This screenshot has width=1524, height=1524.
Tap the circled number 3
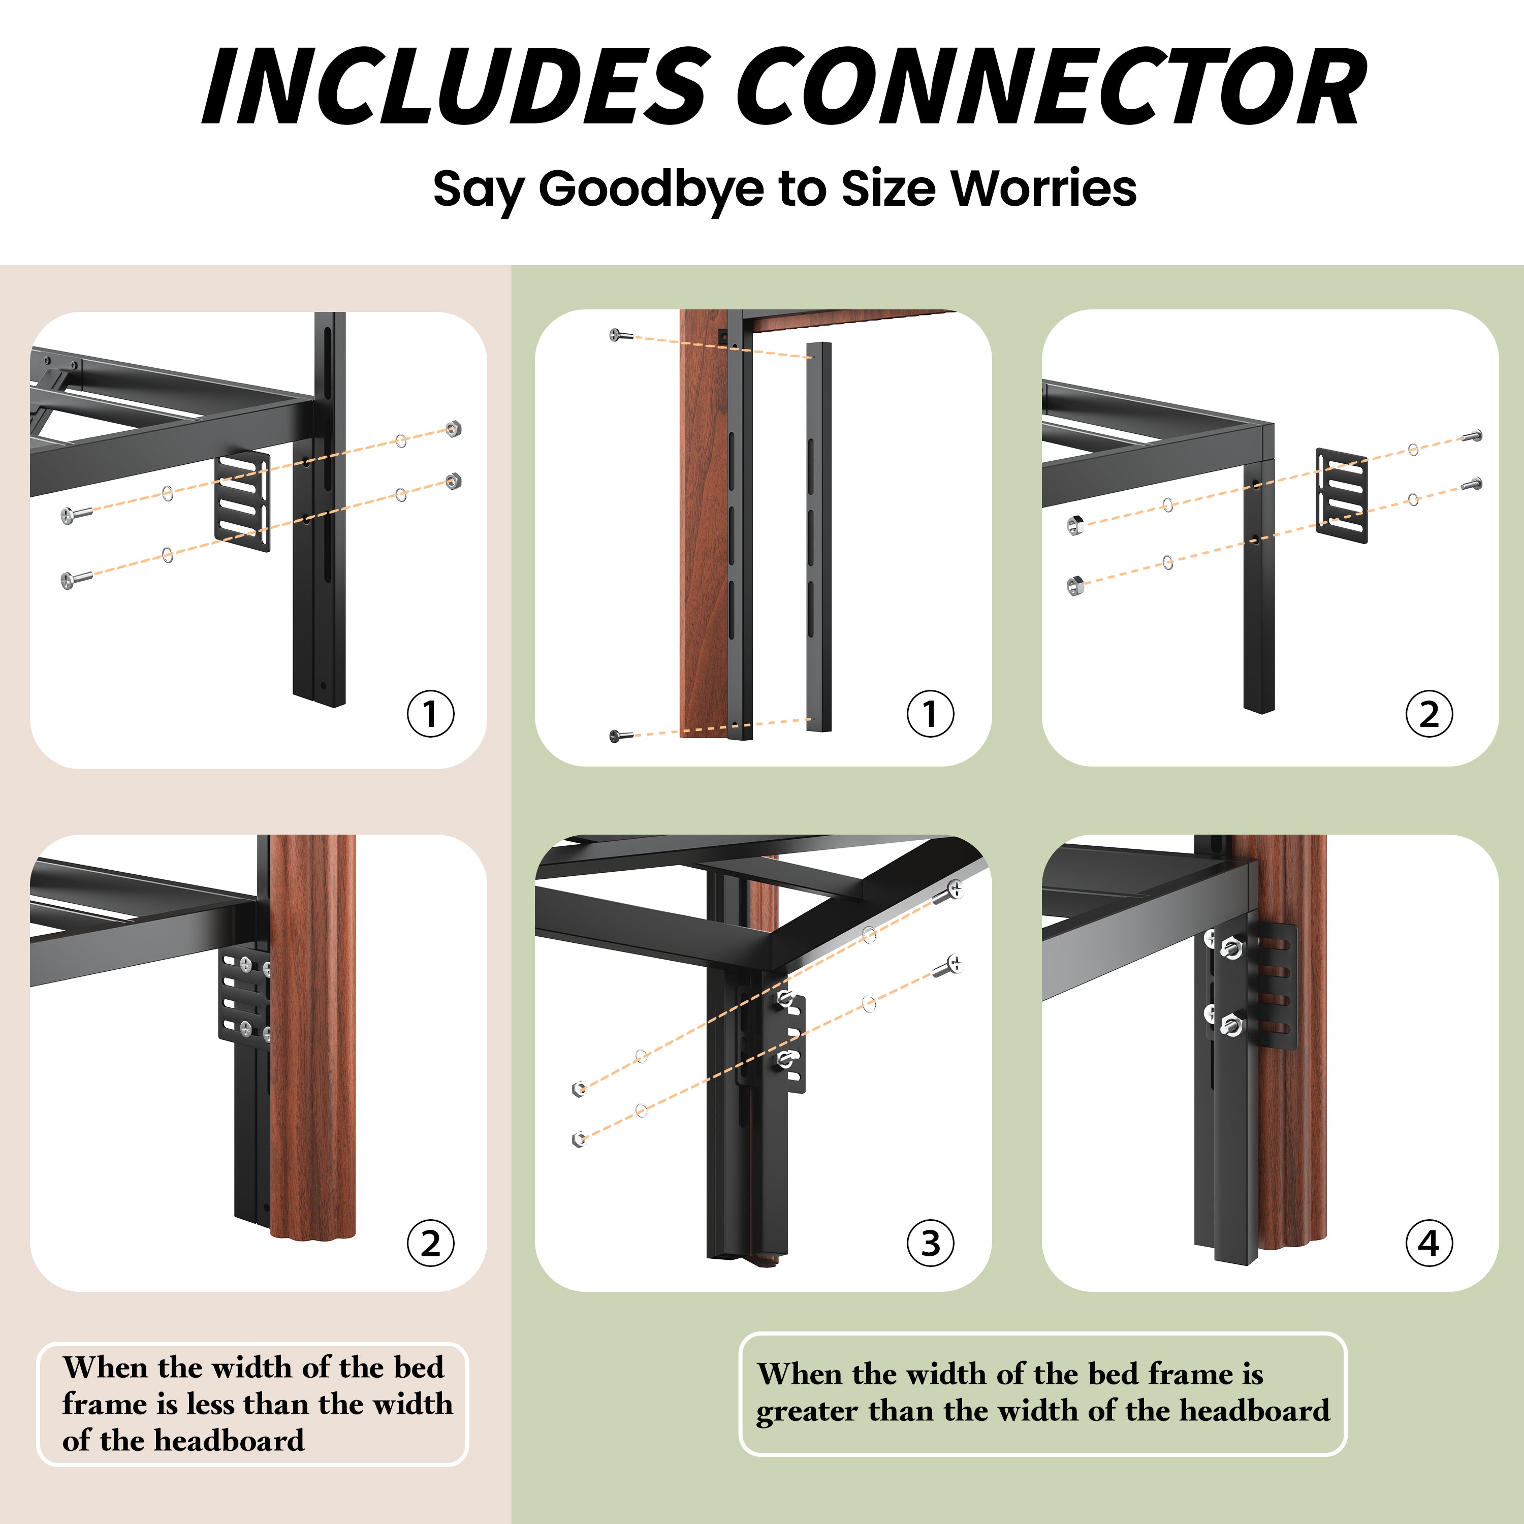930,1243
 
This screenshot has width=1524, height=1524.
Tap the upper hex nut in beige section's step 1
453,428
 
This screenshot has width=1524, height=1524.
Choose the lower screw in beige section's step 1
76,580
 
